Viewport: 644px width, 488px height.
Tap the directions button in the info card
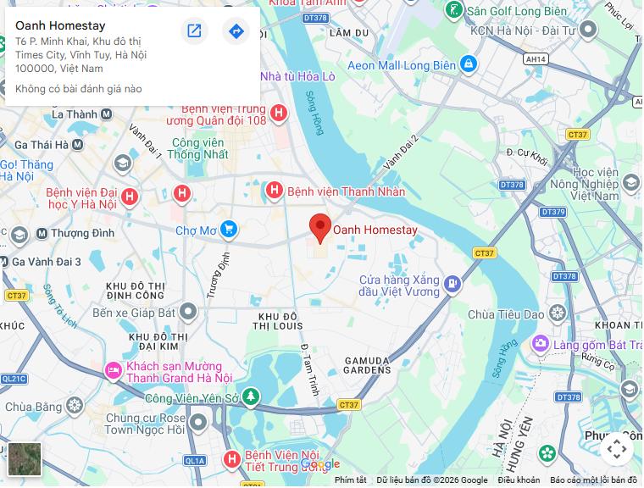coord(236,31)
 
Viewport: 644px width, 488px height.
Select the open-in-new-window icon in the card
coord(194,31)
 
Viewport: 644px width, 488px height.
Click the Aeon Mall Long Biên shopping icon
coord(469,64)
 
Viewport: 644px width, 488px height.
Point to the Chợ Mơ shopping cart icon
coord(228,230)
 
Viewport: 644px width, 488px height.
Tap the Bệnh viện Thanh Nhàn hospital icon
coord(274,191)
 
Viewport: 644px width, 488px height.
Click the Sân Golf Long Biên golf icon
coord(455,10)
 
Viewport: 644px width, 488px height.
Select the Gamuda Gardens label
coord(367,365)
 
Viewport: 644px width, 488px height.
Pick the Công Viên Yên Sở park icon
coord(250,396)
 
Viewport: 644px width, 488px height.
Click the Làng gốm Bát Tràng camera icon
coord(540,344)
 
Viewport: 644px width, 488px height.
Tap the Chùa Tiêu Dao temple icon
coord(557,313)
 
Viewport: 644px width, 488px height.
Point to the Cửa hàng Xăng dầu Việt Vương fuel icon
coord(453,284)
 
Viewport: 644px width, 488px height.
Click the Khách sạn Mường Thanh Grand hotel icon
coord(113,370)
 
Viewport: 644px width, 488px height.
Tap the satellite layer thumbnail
coord(24,458)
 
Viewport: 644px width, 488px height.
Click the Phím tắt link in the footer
coord(350,480)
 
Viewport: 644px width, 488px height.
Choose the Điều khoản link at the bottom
coord(519,480)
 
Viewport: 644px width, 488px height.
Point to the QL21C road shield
coord(14,379)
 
